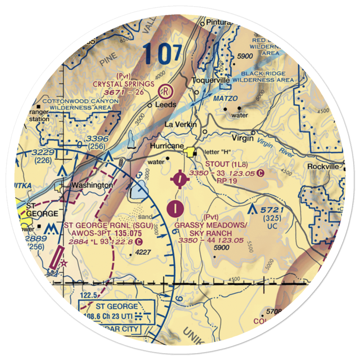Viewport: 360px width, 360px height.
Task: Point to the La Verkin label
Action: (181, 125)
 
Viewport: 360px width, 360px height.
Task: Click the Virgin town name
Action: (243, 138)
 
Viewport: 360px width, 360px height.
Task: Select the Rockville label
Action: (323, 166)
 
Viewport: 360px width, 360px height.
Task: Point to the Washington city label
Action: (92, 185)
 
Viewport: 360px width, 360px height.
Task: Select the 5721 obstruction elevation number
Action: (273, 210)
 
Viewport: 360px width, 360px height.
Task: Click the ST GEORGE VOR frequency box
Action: (117, 311)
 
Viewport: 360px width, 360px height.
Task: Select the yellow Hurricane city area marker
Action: (188, 153)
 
